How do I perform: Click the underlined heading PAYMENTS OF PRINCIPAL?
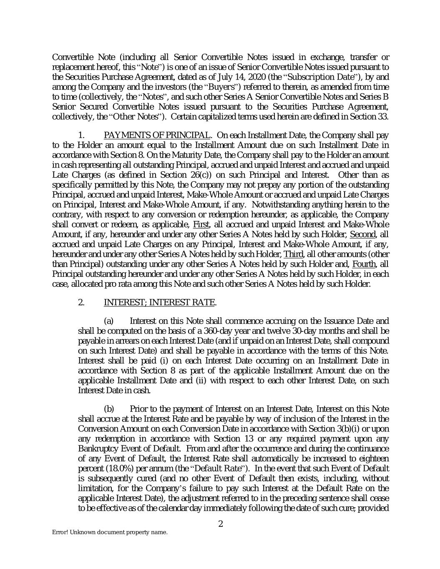point(156,135)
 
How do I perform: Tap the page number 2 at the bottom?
point(221,524)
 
